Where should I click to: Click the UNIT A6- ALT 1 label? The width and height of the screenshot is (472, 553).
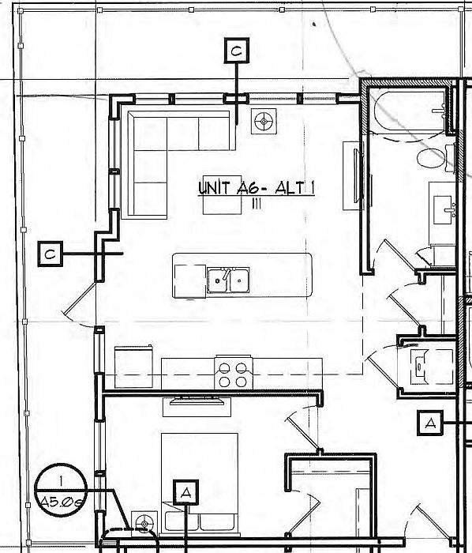pyautogui.click(x=257, y=187)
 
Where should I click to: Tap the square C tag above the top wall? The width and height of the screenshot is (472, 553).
pyautogui.click(x=237, y=51)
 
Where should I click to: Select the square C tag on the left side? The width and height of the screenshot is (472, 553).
pyautogui.click(x=51, y=254)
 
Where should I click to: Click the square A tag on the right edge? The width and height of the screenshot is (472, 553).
pyautogui.click(x=429, y=423)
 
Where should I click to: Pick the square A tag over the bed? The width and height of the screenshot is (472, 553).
pyautogui.click(x=185, y=492)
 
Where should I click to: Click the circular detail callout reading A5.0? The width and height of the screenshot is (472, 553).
pyautogui.click(x=61, y=490)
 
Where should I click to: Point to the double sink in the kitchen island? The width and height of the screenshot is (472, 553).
pyautogui.click(x=228, y=280)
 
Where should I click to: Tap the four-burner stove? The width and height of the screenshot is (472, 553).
pyautogui.click(x=234, y=373)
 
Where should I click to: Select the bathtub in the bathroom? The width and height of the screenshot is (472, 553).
pyautogui.click(x=410, y=114)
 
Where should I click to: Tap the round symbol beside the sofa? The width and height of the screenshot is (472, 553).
pyautogui.click(x=264, y=121)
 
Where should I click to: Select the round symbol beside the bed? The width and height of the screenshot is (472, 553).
pyautogui.click(x=144, y=523)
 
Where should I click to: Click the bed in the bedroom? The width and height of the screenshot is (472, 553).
pyautogui.click(x=200, y=483)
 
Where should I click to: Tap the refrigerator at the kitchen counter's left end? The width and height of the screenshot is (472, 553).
pyautogui.click(x=134, y=367)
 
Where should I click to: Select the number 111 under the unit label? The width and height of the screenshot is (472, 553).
pyautogui.click(x=257, y=204)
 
